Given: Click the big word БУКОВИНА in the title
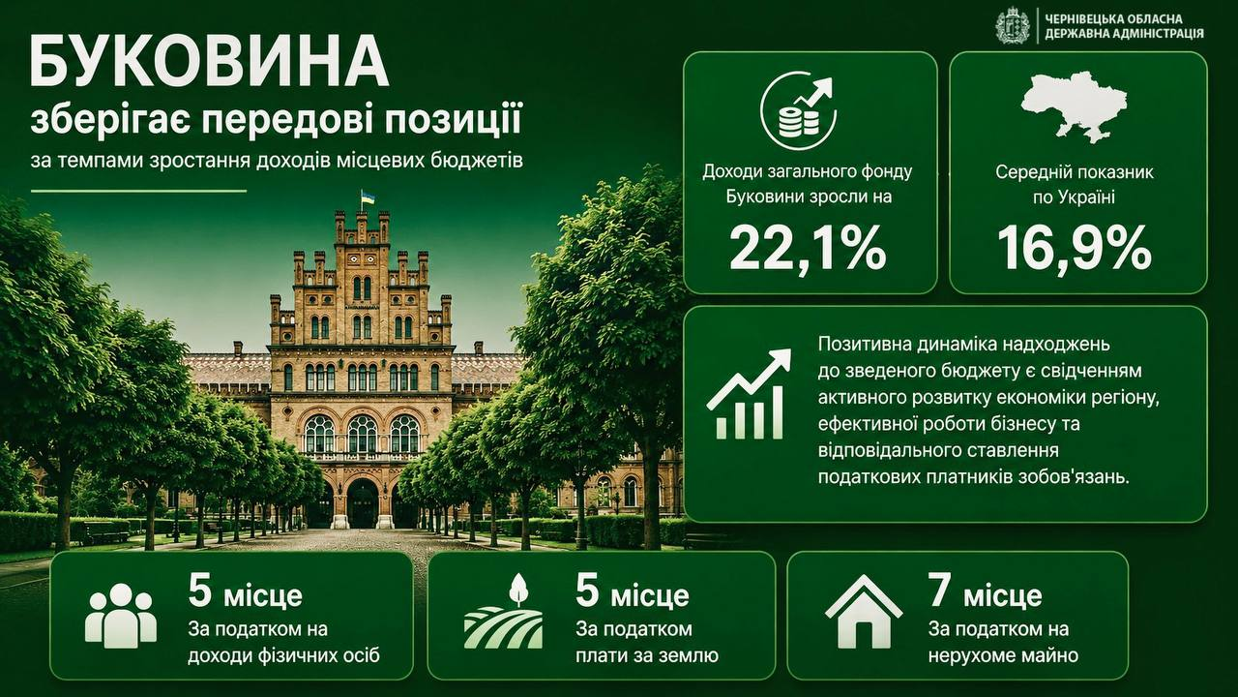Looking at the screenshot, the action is [x=209, y=60].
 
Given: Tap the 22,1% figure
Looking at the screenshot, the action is [x=809, y=247].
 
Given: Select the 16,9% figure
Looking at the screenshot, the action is [x=1075, y=247].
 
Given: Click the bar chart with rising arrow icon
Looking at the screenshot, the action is [x=750, y=394].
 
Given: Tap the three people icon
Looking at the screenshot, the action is [x=121, y=616].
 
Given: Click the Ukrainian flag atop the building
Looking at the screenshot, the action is [x=367, y=197].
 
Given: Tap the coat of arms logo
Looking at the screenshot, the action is [x=1013, y=25].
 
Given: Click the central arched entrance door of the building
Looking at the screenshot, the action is [x=363, y=503].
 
